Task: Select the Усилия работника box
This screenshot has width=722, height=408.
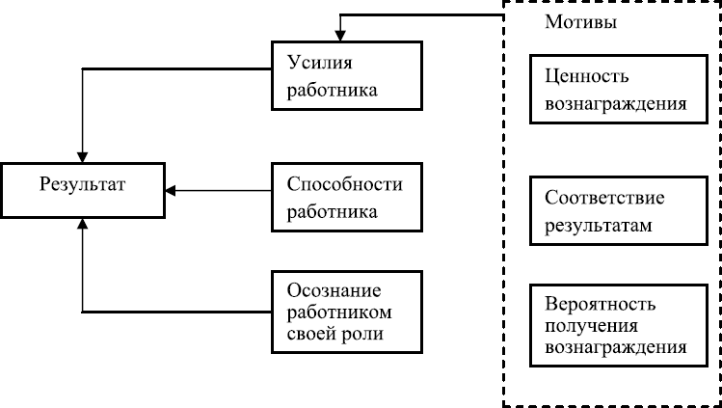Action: [347, 76]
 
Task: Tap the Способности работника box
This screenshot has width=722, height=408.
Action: [347, 198]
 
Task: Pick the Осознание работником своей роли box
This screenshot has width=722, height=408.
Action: [347, 312]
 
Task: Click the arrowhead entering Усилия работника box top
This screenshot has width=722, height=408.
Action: [339, 35]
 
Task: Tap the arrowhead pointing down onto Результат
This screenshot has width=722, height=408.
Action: [84, 154]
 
